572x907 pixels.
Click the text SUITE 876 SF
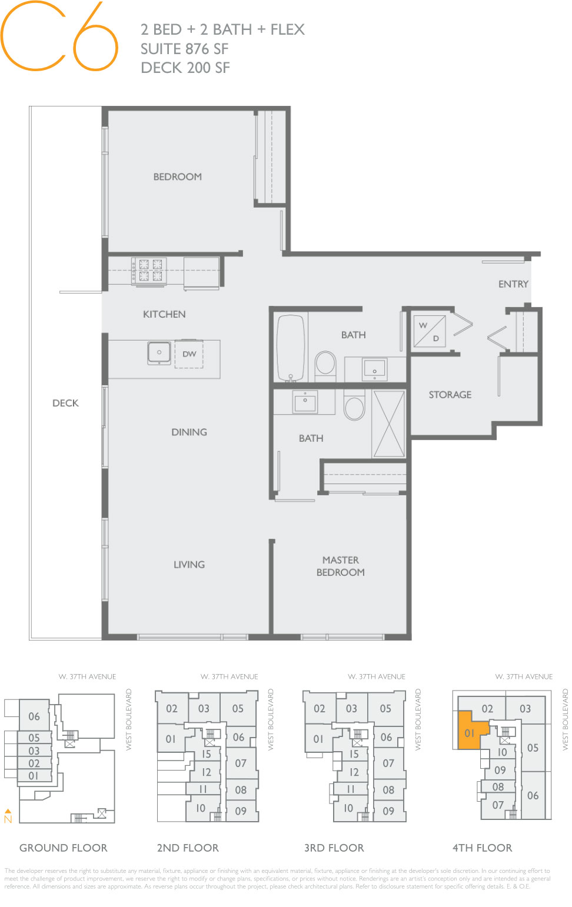pos(184,49)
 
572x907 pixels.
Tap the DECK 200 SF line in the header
pos(185,68)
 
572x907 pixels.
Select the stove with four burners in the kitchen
pos(150,271)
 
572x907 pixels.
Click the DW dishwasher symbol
pos(189,354)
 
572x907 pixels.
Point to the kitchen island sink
pos(159,353)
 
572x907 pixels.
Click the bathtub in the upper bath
pos(291,348)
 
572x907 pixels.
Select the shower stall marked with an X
pos(388,424)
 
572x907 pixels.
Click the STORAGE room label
pos(450,395)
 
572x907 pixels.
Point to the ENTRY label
pos(513,284)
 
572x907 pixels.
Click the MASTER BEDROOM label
pos(340,566)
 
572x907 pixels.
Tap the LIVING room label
pos(189,565)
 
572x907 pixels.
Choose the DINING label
pos(189,432)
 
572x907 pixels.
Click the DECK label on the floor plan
pos(65,403)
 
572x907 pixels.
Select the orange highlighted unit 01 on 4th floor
pos(470,732)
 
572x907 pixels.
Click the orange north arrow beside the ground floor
pos(8,815)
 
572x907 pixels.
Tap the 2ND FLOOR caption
pos(188,848)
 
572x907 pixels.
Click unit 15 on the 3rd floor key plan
pos(354,753)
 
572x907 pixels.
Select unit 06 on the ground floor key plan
pos(34,716)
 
